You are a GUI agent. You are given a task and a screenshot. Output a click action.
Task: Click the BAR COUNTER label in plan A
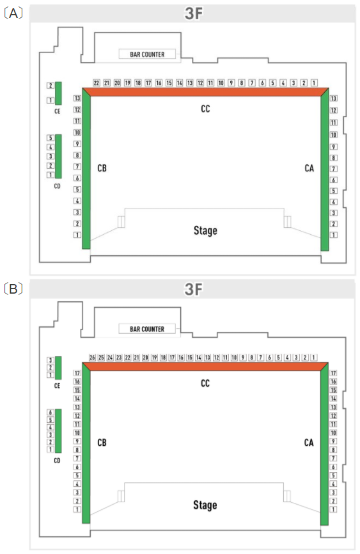click(147, 54)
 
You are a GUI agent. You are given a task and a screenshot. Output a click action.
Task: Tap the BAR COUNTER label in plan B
click(147, 329)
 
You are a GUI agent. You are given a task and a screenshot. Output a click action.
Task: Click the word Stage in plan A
click(205, 231)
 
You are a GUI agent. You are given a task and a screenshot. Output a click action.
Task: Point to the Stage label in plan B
click(205, 505)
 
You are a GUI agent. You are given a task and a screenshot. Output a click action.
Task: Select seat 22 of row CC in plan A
click(97, 83)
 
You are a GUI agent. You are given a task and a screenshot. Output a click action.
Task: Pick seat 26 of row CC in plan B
click(92, 358)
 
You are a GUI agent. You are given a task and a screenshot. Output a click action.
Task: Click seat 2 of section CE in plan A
click(51, 86)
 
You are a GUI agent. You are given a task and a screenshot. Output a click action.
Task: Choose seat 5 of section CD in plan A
click(51, 138)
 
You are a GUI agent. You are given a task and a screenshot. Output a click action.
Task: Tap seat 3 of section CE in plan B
click(50, 360)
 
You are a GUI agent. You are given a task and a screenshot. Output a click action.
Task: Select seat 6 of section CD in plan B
click(50, 413)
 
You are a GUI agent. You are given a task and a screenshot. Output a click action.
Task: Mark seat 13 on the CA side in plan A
click(334, 99)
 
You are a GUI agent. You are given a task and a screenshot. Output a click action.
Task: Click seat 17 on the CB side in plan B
click(77, 373)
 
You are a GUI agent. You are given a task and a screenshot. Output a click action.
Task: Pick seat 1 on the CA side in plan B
click(333, 509)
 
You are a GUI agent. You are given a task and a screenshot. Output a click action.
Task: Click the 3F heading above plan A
click(194, 14)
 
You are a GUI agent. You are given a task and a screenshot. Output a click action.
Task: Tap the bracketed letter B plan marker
click(13, 289)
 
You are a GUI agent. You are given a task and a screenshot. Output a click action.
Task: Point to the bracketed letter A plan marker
click(13, 13)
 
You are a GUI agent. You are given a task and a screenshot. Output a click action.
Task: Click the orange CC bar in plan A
click(205, 92)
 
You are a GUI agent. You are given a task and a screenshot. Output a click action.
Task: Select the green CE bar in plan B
click(58, 368)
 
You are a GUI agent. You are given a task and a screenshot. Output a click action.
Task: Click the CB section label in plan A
click(102, 168)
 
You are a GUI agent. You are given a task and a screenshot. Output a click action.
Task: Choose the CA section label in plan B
click(309, 443)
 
